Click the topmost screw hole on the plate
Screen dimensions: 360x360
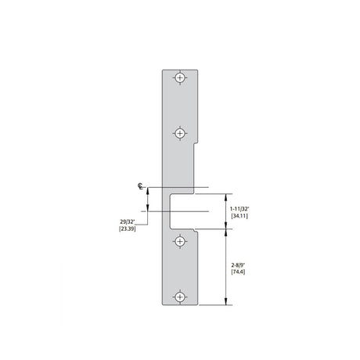180,77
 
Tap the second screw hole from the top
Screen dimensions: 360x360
180,133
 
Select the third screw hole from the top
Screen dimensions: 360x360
180,242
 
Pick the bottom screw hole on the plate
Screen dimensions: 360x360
180,297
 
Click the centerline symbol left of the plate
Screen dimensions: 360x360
140,186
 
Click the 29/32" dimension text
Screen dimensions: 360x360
127,221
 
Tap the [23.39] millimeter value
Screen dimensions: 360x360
128,229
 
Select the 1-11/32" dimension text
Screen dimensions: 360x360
239,209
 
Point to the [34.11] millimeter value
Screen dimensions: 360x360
239,216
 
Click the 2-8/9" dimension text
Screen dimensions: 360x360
238,265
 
